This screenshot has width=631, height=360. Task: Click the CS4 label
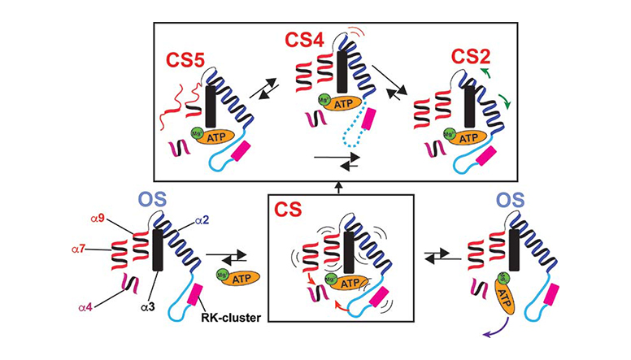pyautogui.click(x=305, y=39)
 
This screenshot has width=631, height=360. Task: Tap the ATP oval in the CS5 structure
pyautogui.click(x=215, y=136)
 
